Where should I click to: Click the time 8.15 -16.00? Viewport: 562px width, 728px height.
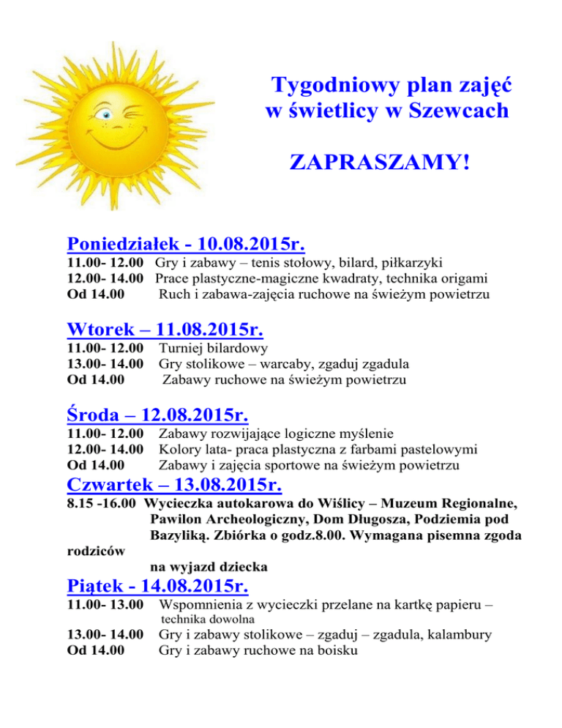(102, 505)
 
